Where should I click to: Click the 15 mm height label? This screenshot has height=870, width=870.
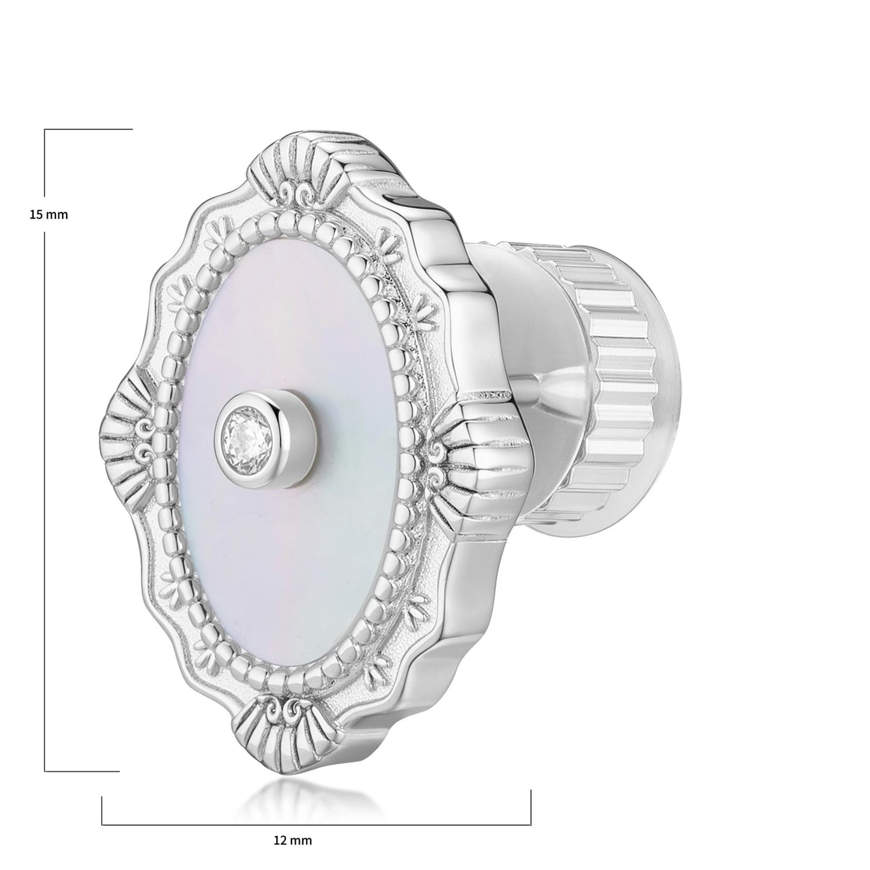pos(49,214)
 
